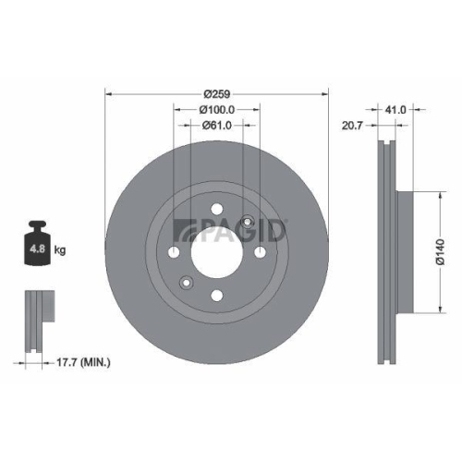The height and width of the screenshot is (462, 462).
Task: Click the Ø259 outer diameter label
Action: tap(217, 93)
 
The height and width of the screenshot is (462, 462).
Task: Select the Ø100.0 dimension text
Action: tap(217, 110)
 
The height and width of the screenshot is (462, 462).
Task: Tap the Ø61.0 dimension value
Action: tap(217, 126)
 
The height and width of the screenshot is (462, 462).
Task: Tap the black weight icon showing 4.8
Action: tap(39, 247)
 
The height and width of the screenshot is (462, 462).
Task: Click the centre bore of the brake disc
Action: tap(217, 251)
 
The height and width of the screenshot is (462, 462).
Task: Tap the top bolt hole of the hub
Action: tap(217, 210)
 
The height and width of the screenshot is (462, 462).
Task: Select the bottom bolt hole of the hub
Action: tap(217, 295)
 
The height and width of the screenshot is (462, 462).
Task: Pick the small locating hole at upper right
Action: tap(249, 221)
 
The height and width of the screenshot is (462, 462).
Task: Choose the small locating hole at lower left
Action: tap(187, 283)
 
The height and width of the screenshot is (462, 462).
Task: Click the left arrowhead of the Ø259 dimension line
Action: tap(109, 93)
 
